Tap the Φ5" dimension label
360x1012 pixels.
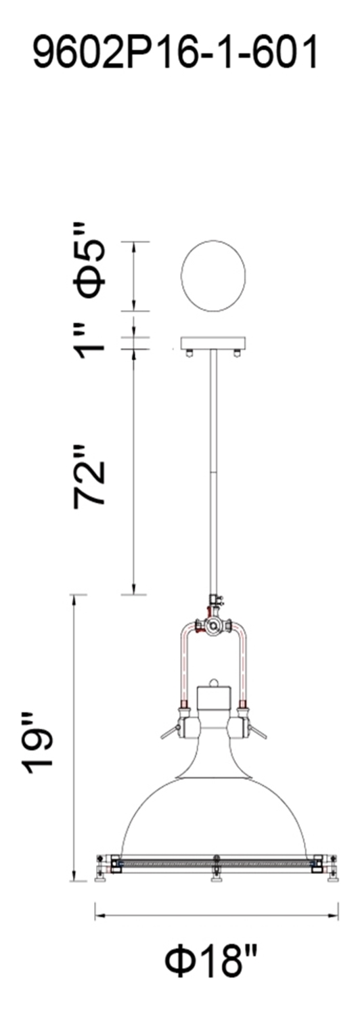pos(91,260)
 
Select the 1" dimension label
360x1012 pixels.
pos(91,340)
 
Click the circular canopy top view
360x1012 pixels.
pos(213,276)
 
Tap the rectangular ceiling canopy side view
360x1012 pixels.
pos(213,343)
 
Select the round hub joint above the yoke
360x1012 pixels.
pos(212,625)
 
